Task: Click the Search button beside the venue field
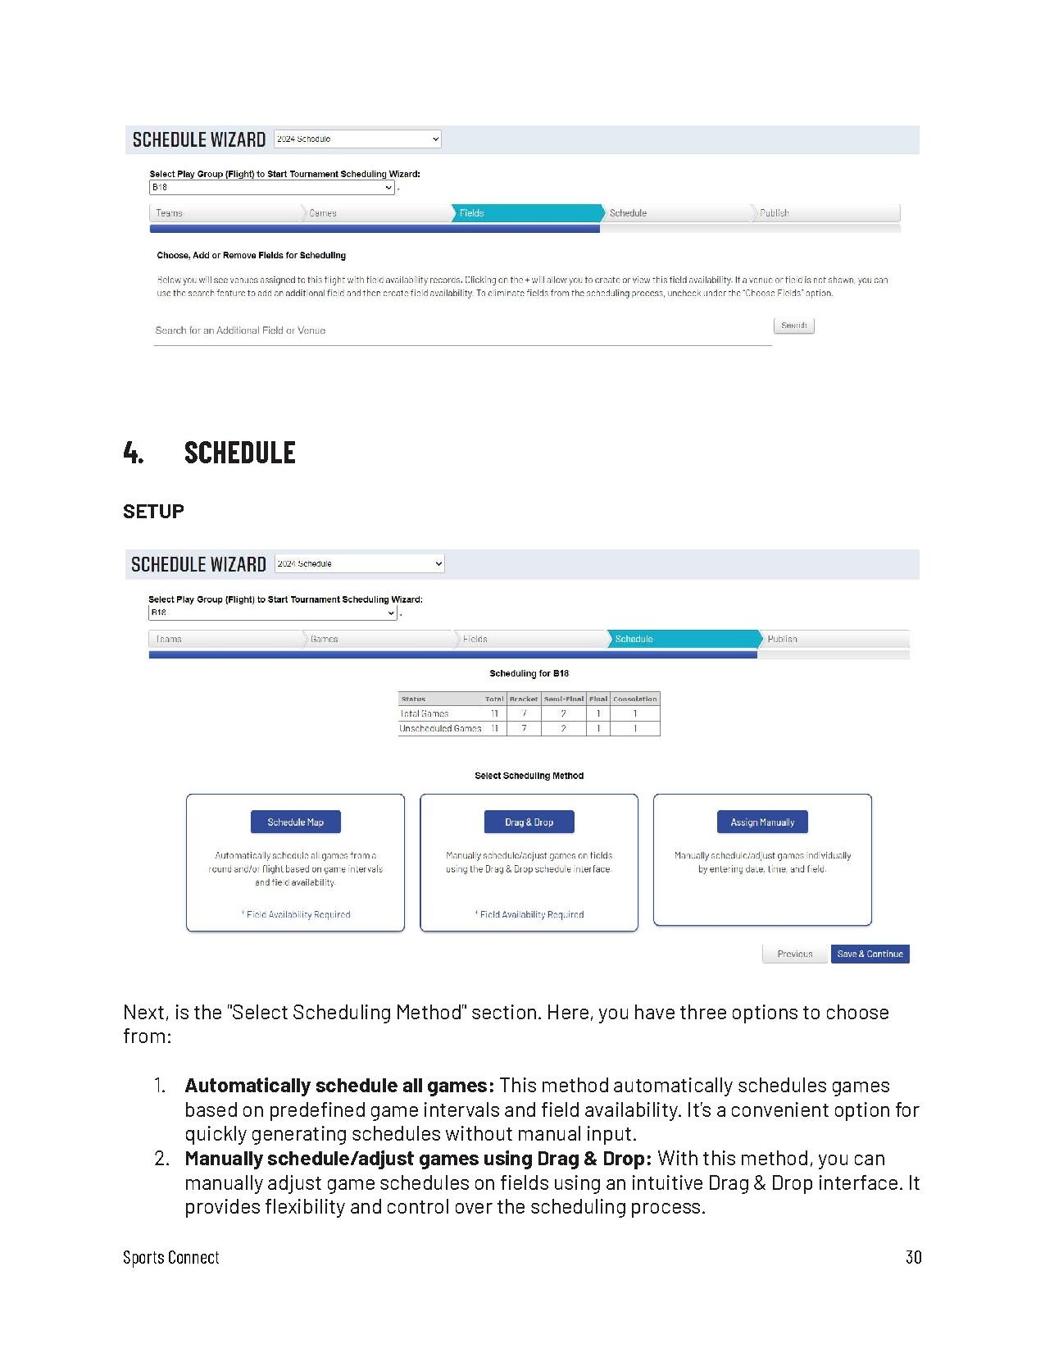(x=793, y=326)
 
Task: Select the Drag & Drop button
(x=529, y=822)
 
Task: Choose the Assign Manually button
(x=762, y=822)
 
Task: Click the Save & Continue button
(x=870, y=954)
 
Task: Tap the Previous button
(x=794, y=954)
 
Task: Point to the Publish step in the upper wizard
(x=824, y=213)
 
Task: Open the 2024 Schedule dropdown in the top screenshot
(x=357, y=139)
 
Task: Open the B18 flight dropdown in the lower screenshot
(x=272, y=613)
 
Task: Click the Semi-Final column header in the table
(x=564, y=699)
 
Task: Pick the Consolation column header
(x=635, y=699)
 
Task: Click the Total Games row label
(x=425, y=713)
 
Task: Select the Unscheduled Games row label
(x=440, y=728)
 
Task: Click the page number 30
(x=913, y=1257)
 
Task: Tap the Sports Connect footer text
(x=171, y=1257)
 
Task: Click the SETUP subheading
(x=153, y=511)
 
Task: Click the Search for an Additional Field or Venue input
(x=462, y=330)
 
